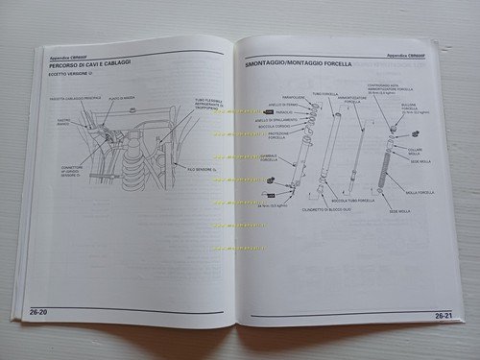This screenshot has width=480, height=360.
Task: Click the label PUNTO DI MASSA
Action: point(122,97)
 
